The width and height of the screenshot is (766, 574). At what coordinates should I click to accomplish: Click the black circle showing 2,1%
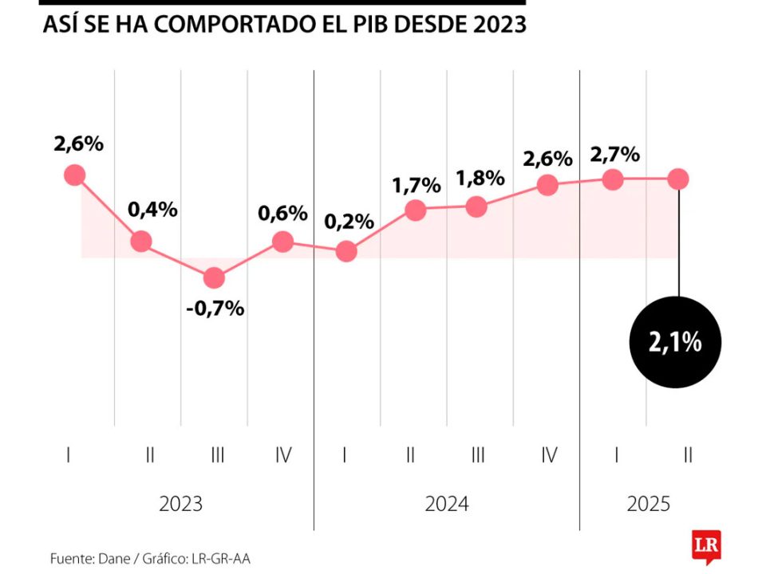(x=676, y=343)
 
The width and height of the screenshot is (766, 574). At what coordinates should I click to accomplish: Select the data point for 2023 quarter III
(x=214, y=278)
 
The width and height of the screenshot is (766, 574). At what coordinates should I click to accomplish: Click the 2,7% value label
(x=614, y=154)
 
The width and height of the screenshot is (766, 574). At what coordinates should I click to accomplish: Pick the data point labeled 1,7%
(x=415, y=210)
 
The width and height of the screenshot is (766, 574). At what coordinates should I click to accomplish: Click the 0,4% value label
(x=152, y=210)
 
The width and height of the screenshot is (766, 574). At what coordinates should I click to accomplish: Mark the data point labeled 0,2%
(x=346, y=252)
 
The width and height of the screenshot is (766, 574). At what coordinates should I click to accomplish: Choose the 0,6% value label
(x=282, y=214)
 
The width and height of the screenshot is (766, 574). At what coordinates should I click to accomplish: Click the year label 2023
(x=180, y=505)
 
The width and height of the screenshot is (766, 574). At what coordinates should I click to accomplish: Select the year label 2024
(x=447, y=505)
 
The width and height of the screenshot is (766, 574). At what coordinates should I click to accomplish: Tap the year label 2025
(x=648, y=505)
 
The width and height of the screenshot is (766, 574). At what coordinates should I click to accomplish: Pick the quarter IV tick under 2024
(x=548, y=455)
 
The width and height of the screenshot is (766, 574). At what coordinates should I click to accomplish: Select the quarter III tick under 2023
(x=216, y=455)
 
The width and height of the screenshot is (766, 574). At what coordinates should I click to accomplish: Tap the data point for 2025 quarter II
(x=678, y=179)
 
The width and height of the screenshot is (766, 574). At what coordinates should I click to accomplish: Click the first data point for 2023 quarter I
(x=75, y=175)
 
